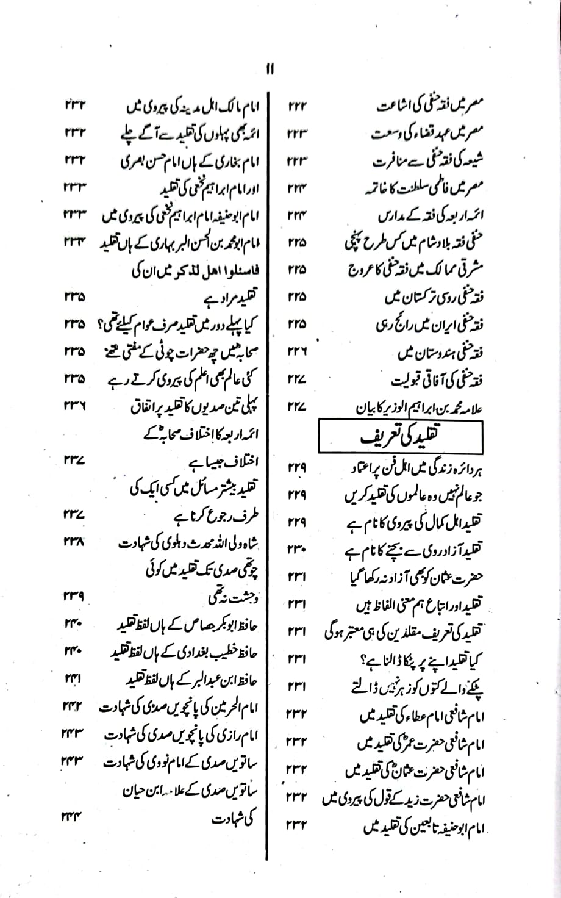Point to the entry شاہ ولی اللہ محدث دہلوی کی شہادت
pos(180,542)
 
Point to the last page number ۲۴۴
pos(75,817)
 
